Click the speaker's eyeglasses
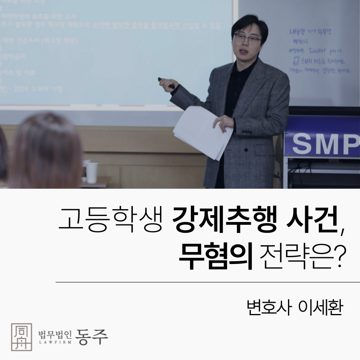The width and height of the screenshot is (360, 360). pos(247,39)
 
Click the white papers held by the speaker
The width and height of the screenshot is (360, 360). pos(202,132)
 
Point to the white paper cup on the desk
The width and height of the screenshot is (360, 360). pos(92,172)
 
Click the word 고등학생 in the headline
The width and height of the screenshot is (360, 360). pos(111,220)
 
